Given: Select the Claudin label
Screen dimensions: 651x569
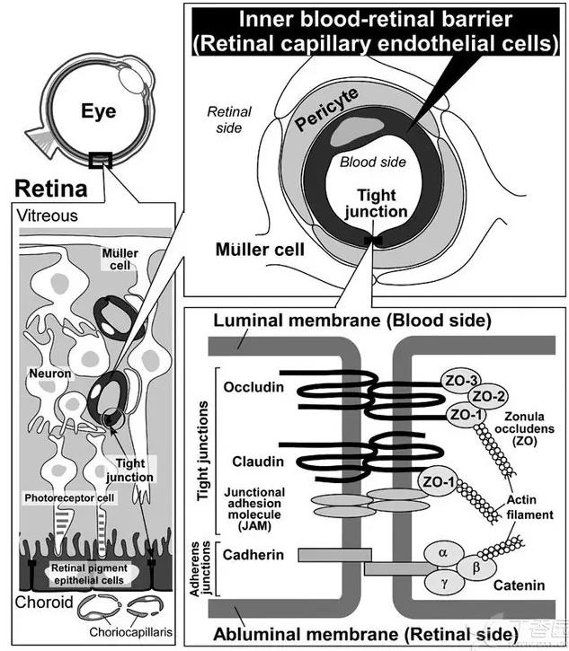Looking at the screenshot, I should [253, 461].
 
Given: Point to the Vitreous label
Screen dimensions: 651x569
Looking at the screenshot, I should [48, 216].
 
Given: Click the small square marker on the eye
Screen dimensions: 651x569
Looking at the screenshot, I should [101, 161].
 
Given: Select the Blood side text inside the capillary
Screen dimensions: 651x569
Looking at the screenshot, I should [372, 163].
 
